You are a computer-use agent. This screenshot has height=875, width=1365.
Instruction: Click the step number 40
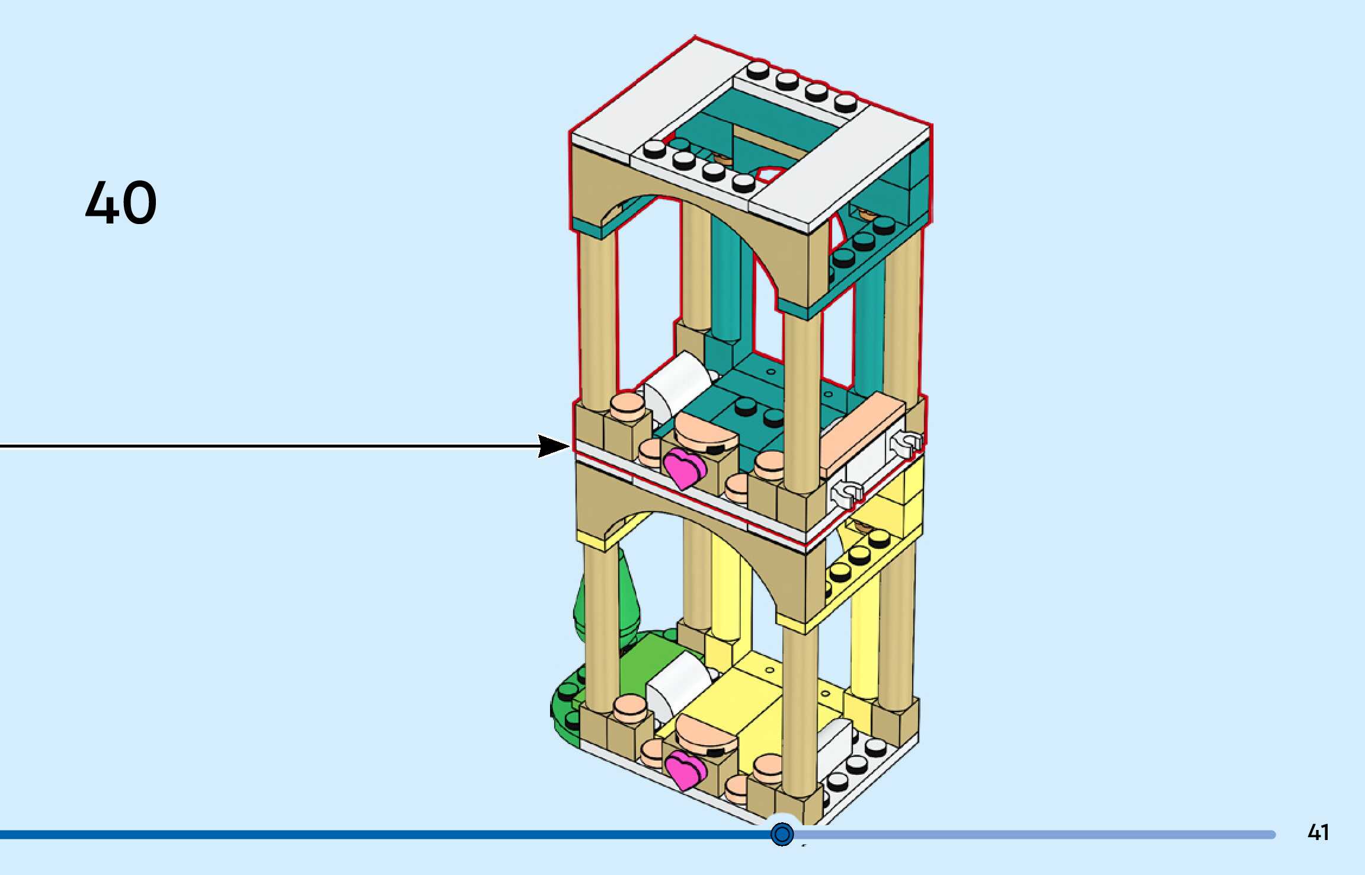121,203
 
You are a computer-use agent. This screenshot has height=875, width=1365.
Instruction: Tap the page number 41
1318,832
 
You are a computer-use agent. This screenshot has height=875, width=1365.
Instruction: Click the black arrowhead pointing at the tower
552,446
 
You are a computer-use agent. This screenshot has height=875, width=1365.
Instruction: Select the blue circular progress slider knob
782,834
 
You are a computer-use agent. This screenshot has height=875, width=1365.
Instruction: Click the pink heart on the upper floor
683,467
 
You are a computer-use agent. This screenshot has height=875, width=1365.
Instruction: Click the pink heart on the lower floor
685,770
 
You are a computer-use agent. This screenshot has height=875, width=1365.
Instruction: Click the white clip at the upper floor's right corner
906,443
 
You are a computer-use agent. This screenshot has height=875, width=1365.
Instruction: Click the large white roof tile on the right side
842,172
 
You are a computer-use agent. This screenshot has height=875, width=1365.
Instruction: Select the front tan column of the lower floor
800,711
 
